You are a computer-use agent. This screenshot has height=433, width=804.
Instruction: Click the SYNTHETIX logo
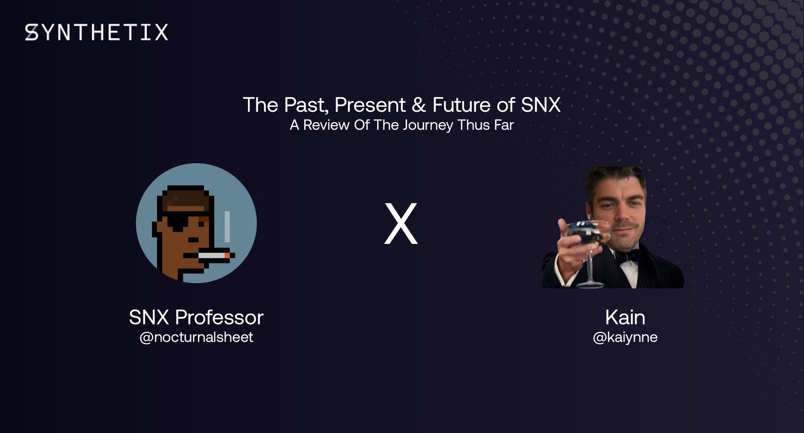pyautogui.click(x=96, y=32)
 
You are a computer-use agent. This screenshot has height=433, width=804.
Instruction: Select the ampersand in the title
pyautogui.click(x=418, y=105)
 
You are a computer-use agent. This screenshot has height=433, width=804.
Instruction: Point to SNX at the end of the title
pyautogui.click(x=540, y=105)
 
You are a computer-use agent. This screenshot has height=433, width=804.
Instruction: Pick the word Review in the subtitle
pyautogui.click(x=326, y=125)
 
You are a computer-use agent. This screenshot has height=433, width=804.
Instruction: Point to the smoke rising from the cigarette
pyautogui.click(x=227, y=227)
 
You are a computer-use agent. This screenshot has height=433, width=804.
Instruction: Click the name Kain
pyautogui.click(x=625, y=318)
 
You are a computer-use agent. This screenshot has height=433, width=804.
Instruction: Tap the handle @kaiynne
pyautogui.click(x=625, y=337)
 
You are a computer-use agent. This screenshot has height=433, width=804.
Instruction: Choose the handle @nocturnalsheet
pyautogui.click(x=196, y=337)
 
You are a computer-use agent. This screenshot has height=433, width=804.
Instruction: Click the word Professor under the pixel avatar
pyautogui.click(x=219, y=318)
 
